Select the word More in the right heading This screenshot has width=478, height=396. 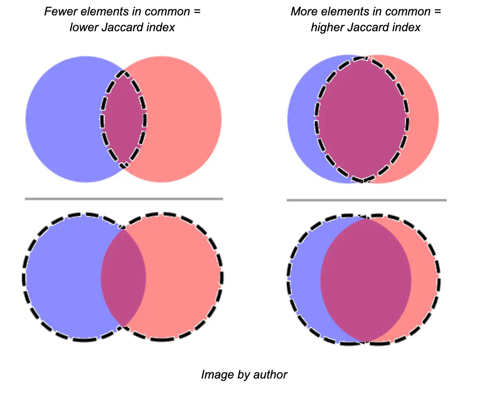[x=304, y=12]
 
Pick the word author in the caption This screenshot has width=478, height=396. [x=270, y=374]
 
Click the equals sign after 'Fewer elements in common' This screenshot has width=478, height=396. [x=197, y=12]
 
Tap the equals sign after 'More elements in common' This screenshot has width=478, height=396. [x=437, y=12]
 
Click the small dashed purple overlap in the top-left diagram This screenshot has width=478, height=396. [x=123, y=119]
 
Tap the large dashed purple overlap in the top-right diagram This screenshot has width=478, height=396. [x=362, y=119]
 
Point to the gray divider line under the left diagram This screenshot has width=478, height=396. [x=124, y=199]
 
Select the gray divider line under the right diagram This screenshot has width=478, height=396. [x=367, y=200]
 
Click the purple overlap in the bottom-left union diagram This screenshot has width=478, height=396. [x=123, y=278]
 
